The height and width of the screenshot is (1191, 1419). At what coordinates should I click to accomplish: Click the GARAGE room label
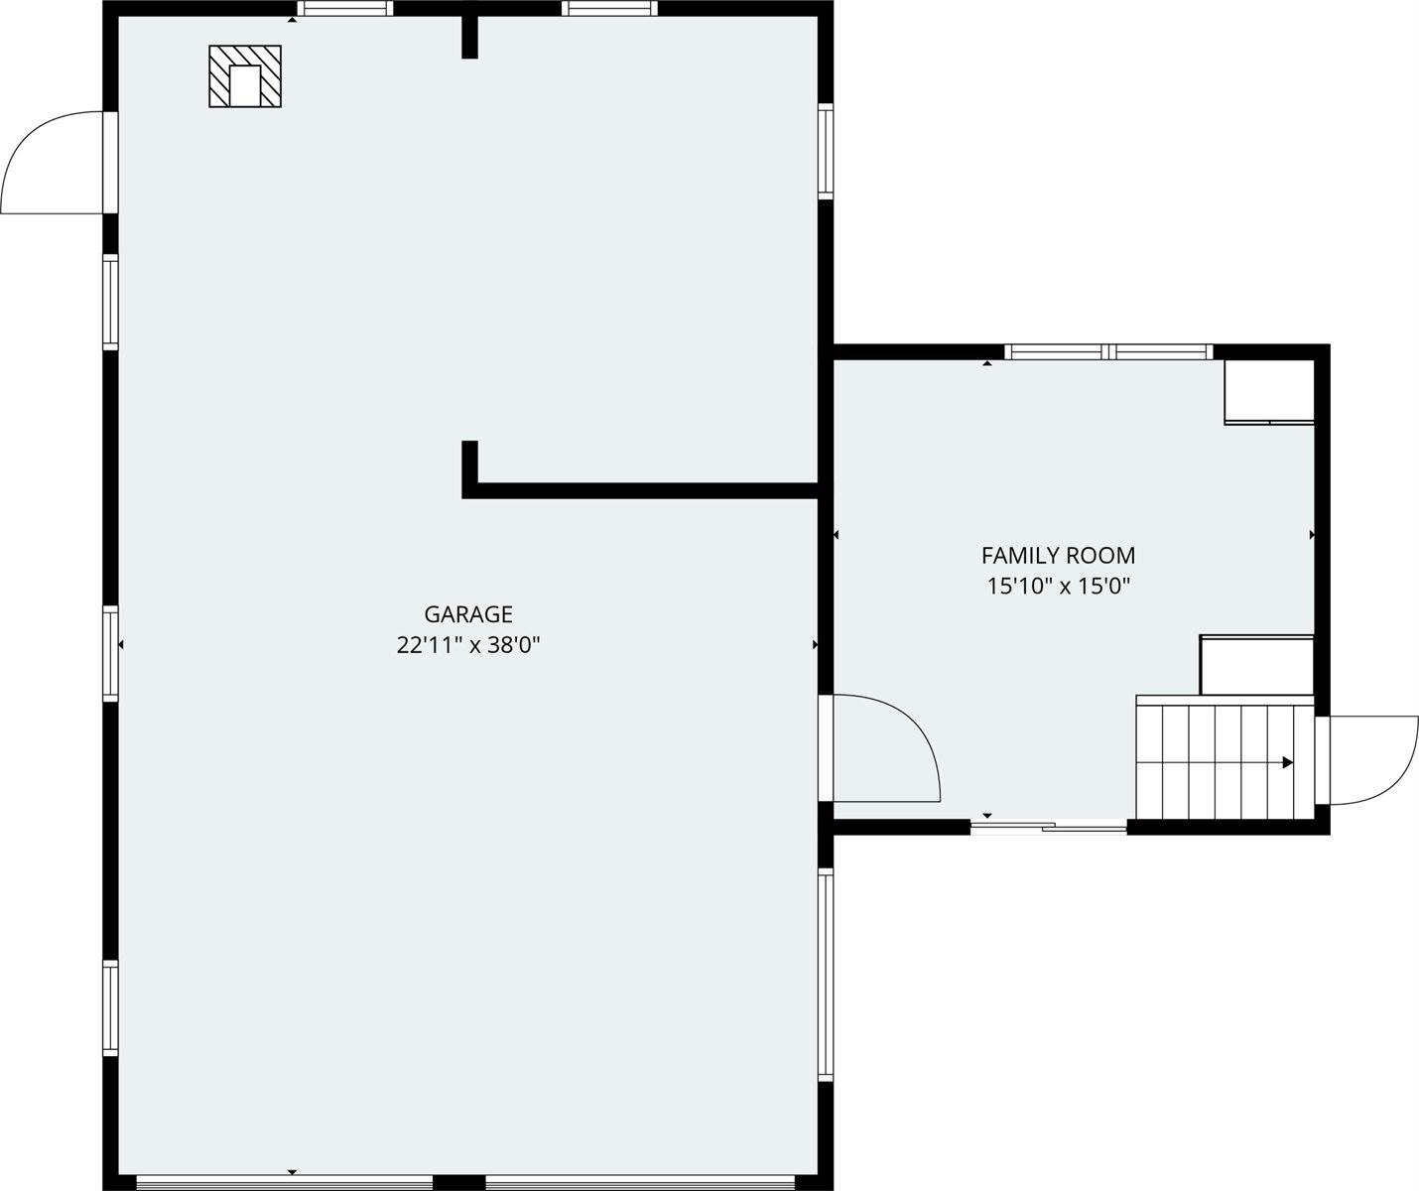click(x=468, y=614)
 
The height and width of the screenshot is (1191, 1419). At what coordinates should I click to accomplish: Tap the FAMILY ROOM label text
click(x=1058, y=556)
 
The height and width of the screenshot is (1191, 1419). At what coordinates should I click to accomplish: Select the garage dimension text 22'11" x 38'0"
click(x=468, y=645)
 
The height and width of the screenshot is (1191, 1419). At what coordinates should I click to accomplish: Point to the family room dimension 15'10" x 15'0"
click(x=1058, y=586)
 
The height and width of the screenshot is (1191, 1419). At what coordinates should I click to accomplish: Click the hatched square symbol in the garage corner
click(x=244, y=76)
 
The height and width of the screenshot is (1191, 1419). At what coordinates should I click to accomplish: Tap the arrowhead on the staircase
click(x=1287, y=762)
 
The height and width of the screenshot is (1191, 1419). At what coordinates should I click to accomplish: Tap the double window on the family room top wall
click(x=1108, y=351)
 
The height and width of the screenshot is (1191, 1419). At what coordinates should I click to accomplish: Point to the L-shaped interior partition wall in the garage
click(x=635, y=488)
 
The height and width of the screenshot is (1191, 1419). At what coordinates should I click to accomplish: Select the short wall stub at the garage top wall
click(x=469, y=36)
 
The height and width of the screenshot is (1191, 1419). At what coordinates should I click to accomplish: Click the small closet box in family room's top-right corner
click(x=1268, y=392)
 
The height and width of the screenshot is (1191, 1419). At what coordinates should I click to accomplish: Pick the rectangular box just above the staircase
click(x=1256, y=665)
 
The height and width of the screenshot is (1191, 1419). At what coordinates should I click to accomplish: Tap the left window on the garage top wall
click(x=344, y=9)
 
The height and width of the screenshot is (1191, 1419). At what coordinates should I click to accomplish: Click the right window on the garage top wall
click(x=608, y=9)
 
